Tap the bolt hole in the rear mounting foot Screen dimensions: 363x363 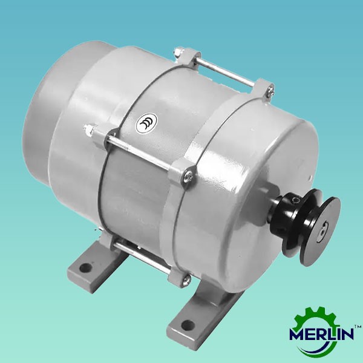click(83, 266)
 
